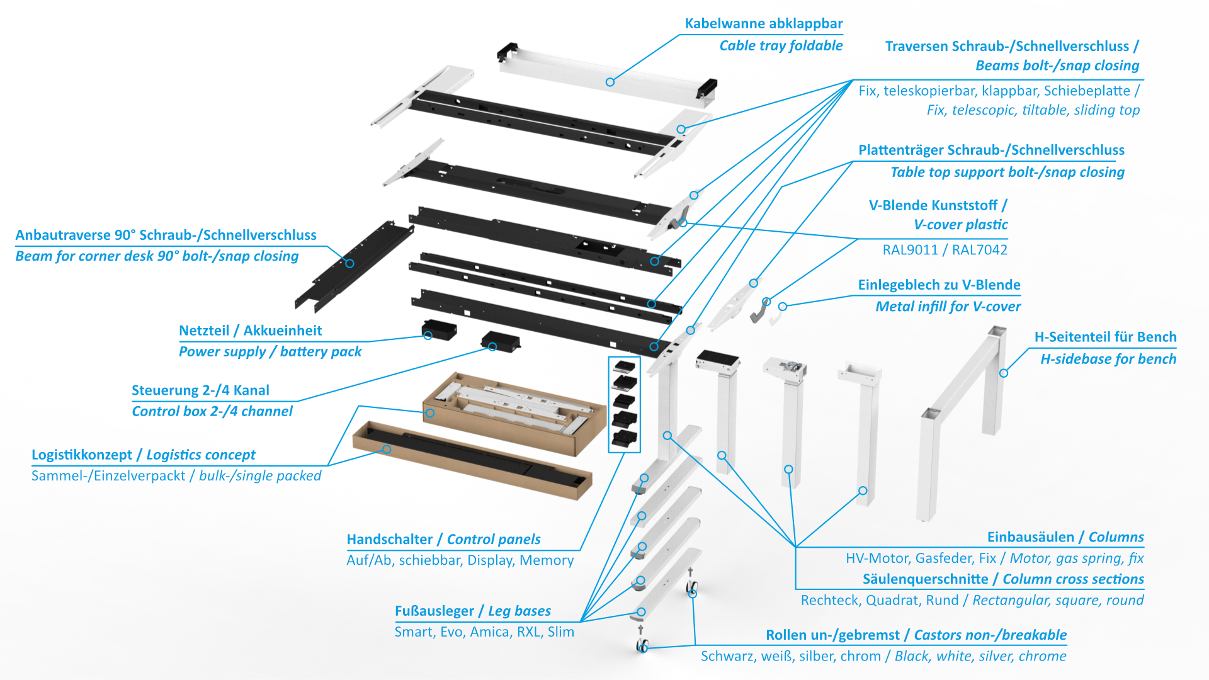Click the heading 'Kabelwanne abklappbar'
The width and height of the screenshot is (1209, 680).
[763, 24]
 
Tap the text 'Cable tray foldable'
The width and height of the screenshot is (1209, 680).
[780, 45]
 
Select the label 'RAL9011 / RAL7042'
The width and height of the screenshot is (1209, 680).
[945, 250]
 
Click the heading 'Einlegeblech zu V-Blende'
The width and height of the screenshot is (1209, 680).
[939, 285]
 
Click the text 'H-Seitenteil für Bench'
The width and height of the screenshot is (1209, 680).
[1105, 337]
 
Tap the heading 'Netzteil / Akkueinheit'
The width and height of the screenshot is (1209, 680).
[250, 331]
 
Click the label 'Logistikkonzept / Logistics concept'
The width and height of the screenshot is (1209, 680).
[143, 455]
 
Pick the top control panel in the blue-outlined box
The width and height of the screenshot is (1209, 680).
[624, 366]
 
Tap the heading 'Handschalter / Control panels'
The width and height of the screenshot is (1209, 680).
[443, 540]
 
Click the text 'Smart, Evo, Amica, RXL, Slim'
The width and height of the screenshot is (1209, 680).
[484, 632]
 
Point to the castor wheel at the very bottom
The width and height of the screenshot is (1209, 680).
[642, 645]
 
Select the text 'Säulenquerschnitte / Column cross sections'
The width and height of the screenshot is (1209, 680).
[1002, 579]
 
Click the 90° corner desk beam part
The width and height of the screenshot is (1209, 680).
[353, 268]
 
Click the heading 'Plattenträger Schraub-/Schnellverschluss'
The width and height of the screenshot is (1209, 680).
[991, 150]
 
